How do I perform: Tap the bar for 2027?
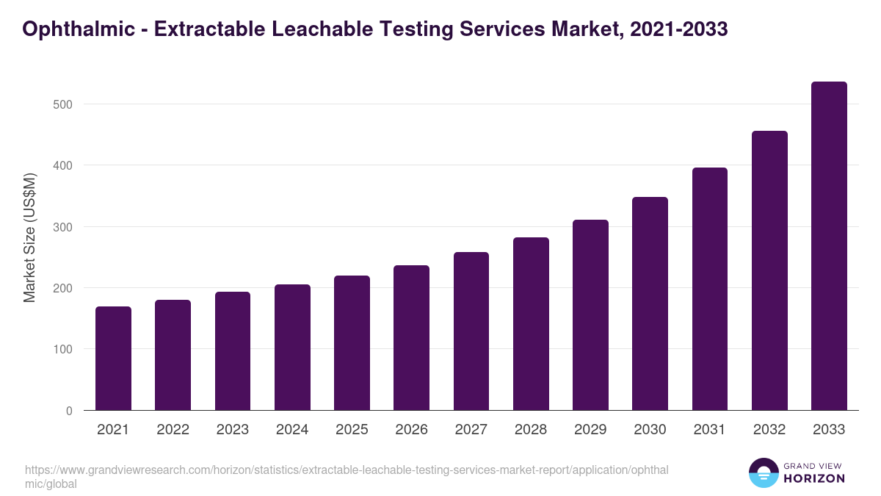click(x=471, y=331)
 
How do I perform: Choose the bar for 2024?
click(x=292, y=347)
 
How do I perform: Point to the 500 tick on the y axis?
click(x=63, y=104)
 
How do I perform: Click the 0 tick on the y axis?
click(x=69, y=411)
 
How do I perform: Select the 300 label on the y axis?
click(x=63, y=227)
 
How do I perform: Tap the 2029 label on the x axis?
click(x=590, y=430)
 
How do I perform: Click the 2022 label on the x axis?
click(x=173, y=430)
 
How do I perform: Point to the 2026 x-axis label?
click(x=411, y=430)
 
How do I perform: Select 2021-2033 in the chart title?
click(x=678, y=29)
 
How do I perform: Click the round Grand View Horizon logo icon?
click(x=763, y=472)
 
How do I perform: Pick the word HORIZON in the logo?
click(x=814, y=478)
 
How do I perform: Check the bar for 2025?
click(x=352, y=342)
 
